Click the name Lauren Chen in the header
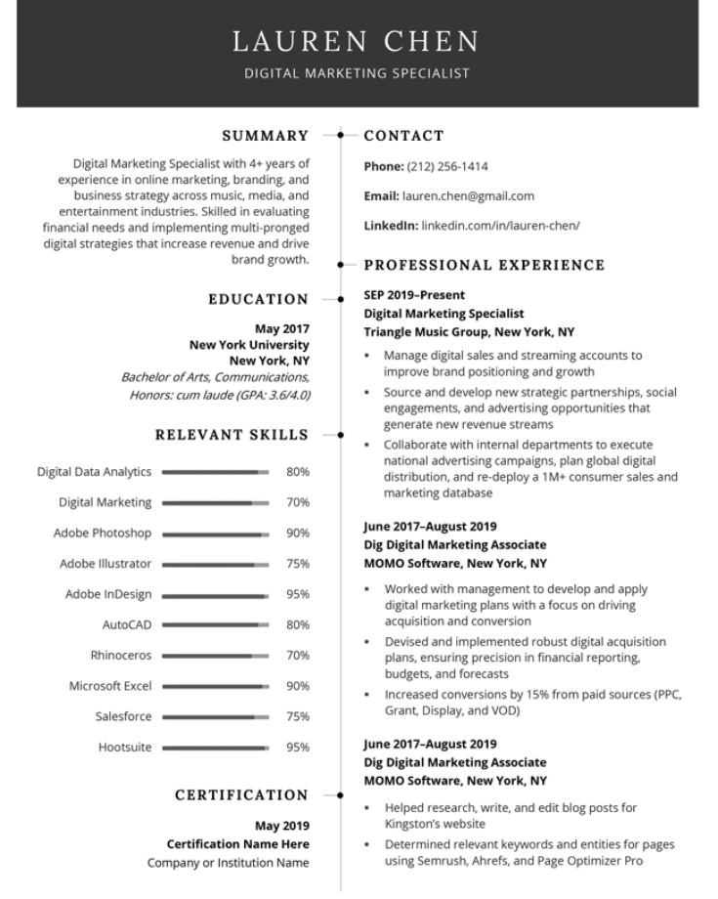[x=357, y=41]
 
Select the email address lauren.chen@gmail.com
[x=468, y=195]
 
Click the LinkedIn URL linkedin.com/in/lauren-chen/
[x=500, y=225]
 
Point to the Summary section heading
[x=265, y=136]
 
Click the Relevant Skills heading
[x=232, y=435]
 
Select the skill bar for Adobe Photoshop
[x=215, y=534]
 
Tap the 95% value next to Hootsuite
[x=297, y=748]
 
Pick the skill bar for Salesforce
[x=215, y=716]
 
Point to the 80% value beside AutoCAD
[x=297, y=624]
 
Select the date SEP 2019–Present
[x=414, y=294]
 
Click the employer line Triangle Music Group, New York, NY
[x=469, y=331]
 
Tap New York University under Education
[x=249, y=344]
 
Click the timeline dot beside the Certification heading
[x=340, y=795]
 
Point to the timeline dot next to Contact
[x=340, y=136]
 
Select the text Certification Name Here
[x=237, y=843]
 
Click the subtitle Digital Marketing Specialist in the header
[x=357, y=73]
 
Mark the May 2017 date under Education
[x=281, y=328]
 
